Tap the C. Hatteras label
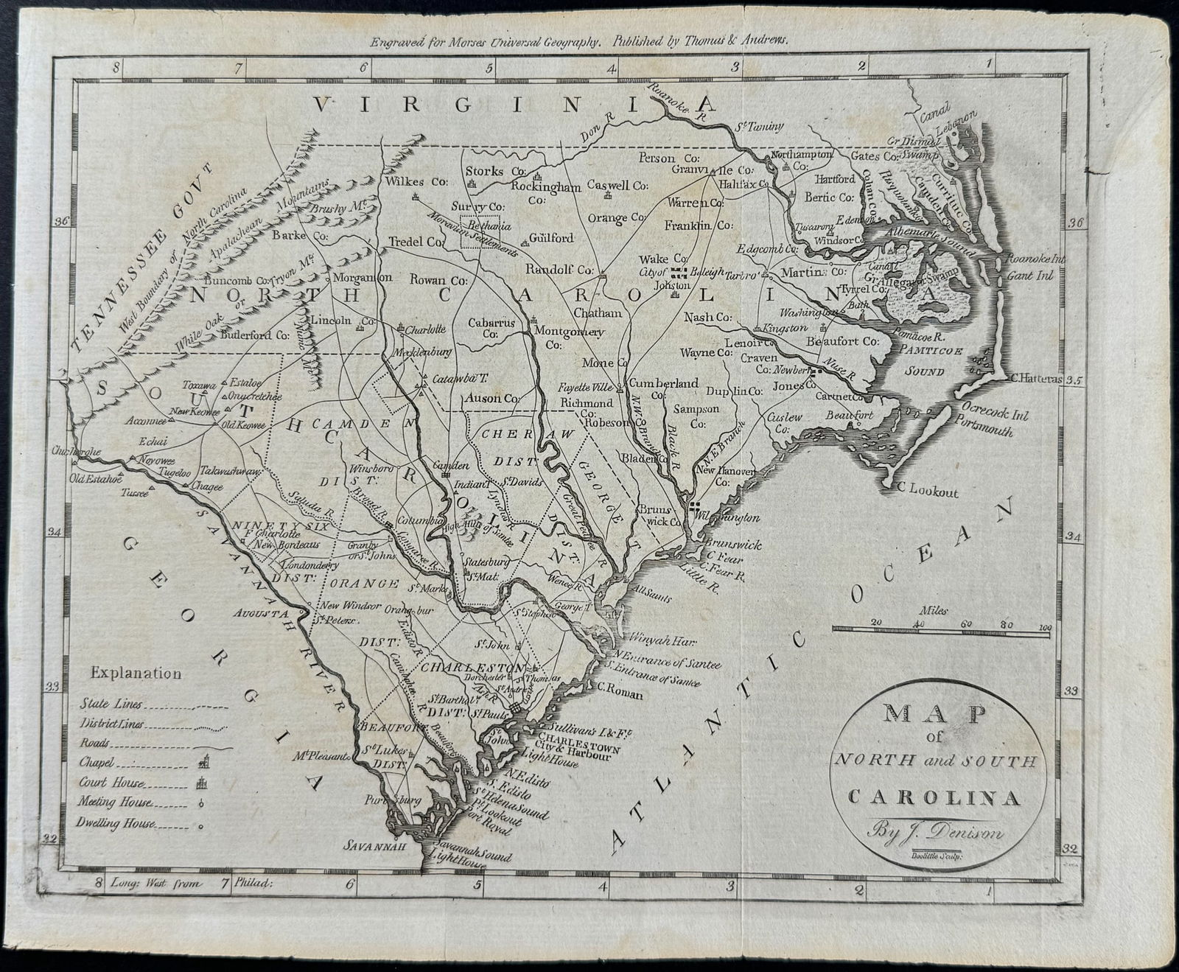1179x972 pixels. (x=1037, y=379)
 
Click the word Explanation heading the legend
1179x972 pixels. (x=136, y=673)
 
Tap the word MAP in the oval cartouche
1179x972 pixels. (x=935, y=714)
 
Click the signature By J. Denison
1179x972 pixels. (x=936, y=833)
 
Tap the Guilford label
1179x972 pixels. (x=551, y=238)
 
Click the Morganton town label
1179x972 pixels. (x=363, y=278)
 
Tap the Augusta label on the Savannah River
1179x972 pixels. (x=260, y=612)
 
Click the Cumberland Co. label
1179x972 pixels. (x=663, y=384)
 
